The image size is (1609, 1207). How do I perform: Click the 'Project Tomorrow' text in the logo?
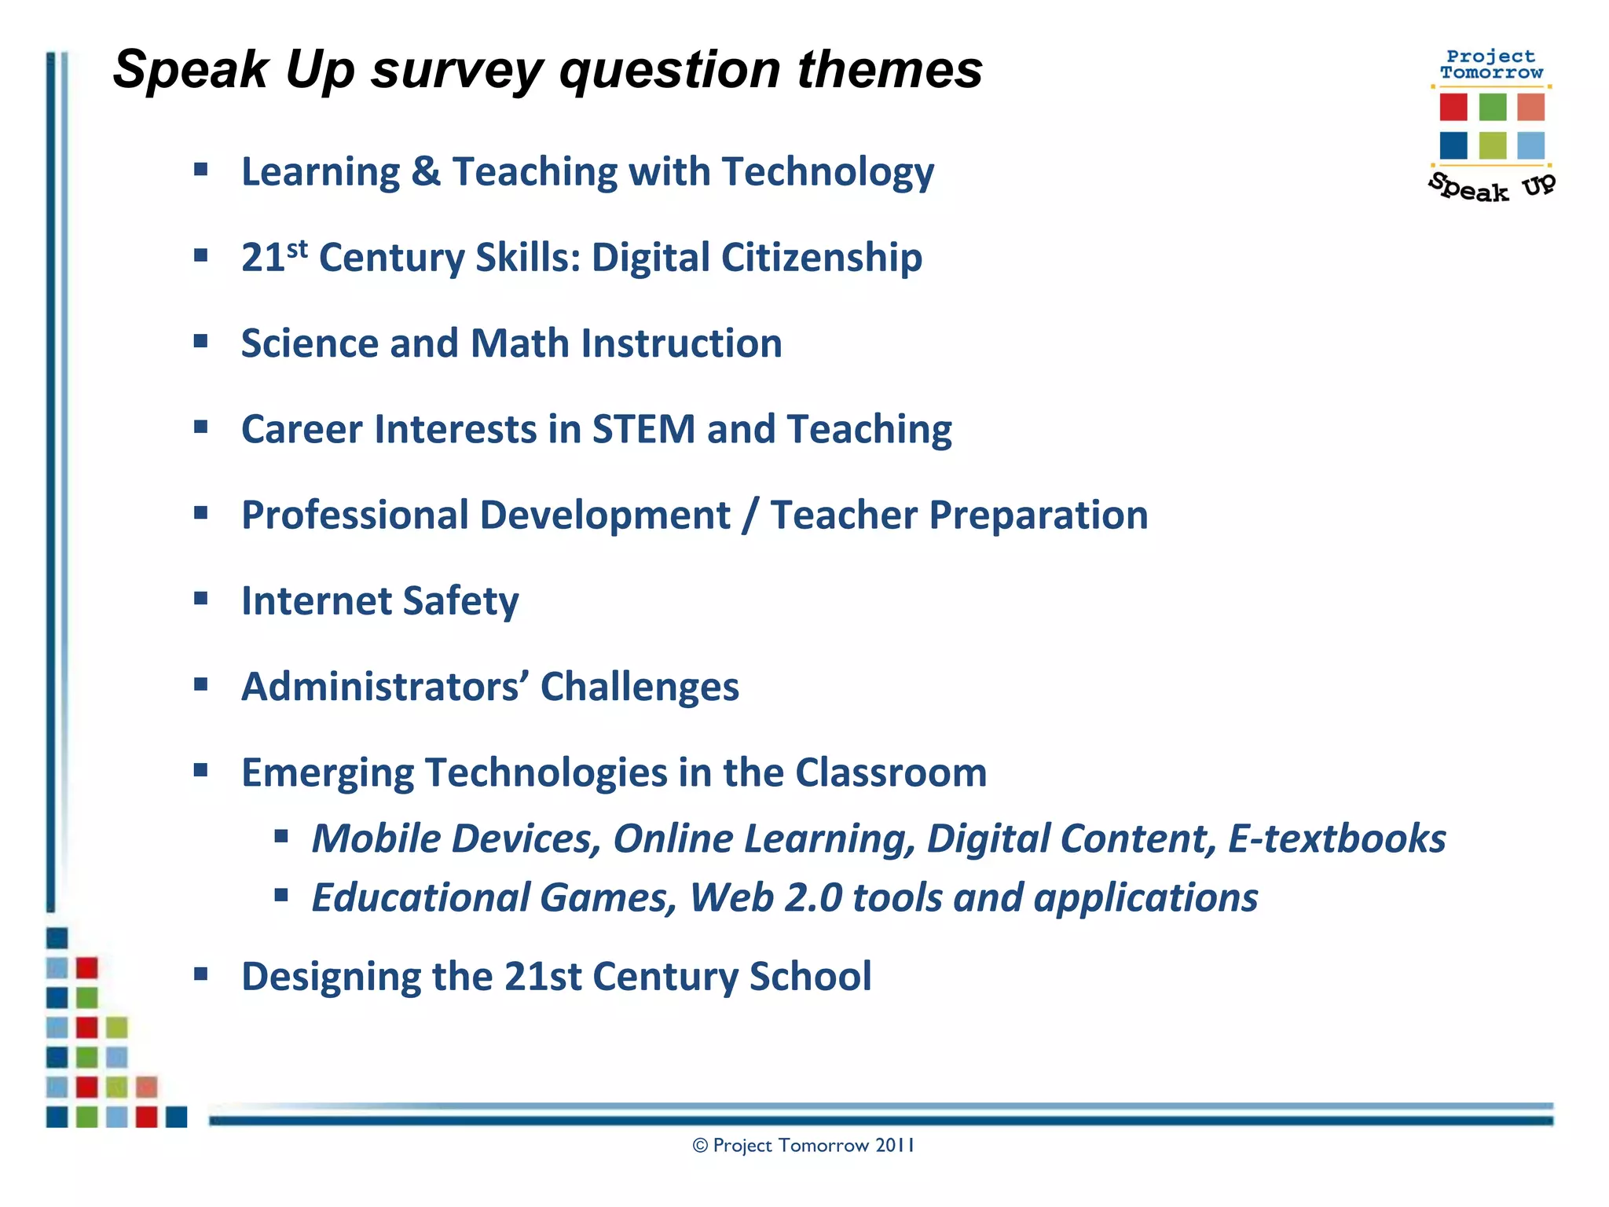tap(1490, 64)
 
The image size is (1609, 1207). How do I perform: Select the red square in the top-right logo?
tap(1453, 107)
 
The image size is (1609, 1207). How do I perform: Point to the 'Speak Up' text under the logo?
tap(1490, 187)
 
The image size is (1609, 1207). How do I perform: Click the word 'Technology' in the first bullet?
tap(828, 171)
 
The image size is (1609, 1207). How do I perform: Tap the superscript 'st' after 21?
tap(297, 248)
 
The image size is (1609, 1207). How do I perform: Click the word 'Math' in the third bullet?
tap(519, 343)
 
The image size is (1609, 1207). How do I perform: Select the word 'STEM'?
tap(643, 429)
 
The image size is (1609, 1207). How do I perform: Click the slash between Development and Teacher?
tap(750, 515)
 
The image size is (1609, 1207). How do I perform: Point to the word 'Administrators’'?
tap(385, 687)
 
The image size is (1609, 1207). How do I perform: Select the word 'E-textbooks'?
tap(1336, 838)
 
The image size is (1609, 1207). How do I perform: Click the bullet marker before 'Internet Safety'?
tap(201, 599)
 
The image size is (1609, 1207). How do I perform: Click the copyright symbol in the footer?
tap(700, 1146)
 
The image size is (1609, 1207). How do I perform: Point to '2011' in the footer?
tap(895, 1146)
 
